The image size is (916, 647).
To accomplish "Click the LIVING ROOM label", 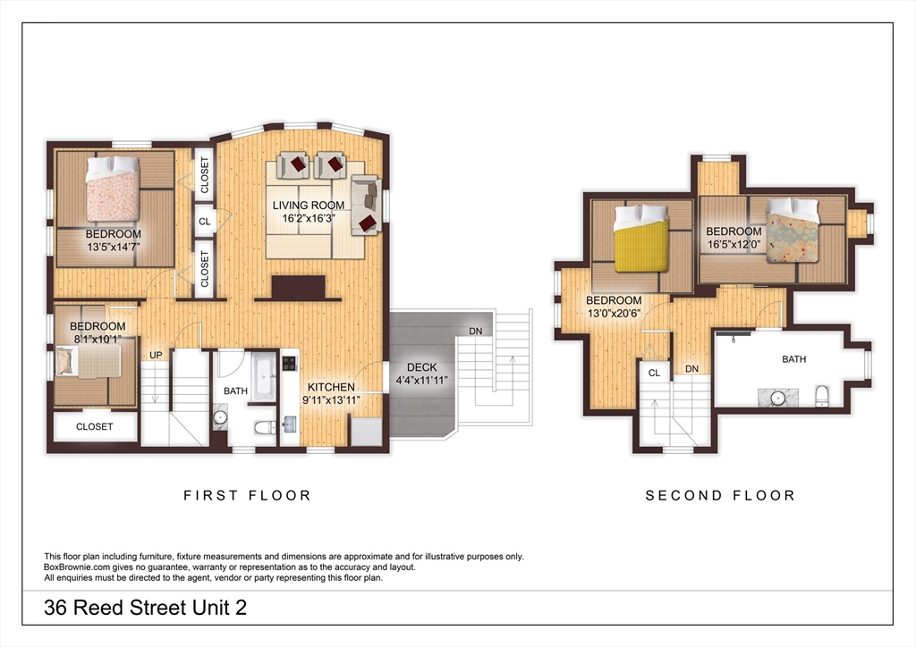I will pos(308,205).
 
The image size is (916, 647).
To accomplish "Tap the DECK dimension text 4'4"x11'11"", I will pos(421,380).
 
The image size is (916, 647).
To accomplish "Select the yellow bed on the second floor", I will pos(641,239).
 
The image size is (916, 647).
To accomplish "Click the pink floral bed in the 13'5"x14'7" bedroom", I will pos(113,189).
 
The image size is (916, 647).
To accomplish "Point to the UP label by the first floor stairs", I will pos(156,355).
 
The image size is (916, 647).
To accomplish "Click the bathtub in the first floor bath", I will pos(265,376).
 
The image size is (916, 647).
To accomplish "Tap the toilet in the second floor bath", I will pos(821,396).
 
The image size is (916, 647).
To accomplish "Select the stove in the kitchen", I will pos(290,364).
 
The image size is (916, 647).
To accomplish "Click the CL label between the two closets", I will pos(204,221).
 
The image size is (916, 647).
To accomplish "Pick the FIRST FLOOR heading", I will pos(247,495).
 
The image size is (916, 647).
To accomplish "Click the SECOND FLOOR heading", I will pos(720,495).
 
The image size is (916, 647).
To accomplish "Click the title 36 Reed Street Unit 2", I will pos(145,609).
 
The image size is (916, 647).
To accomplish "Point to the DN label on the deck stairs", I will pos(475,331).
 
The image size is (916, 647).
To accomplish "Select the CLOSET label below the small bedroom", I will pos(94,426).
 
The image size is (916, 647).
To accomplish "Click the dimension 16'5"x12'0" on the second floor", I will pos(733,244).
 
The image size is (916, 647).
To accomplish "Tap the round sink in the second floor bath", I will pos(775,397).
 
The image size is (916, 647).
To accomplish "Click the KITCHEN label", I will pos(331,387).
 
